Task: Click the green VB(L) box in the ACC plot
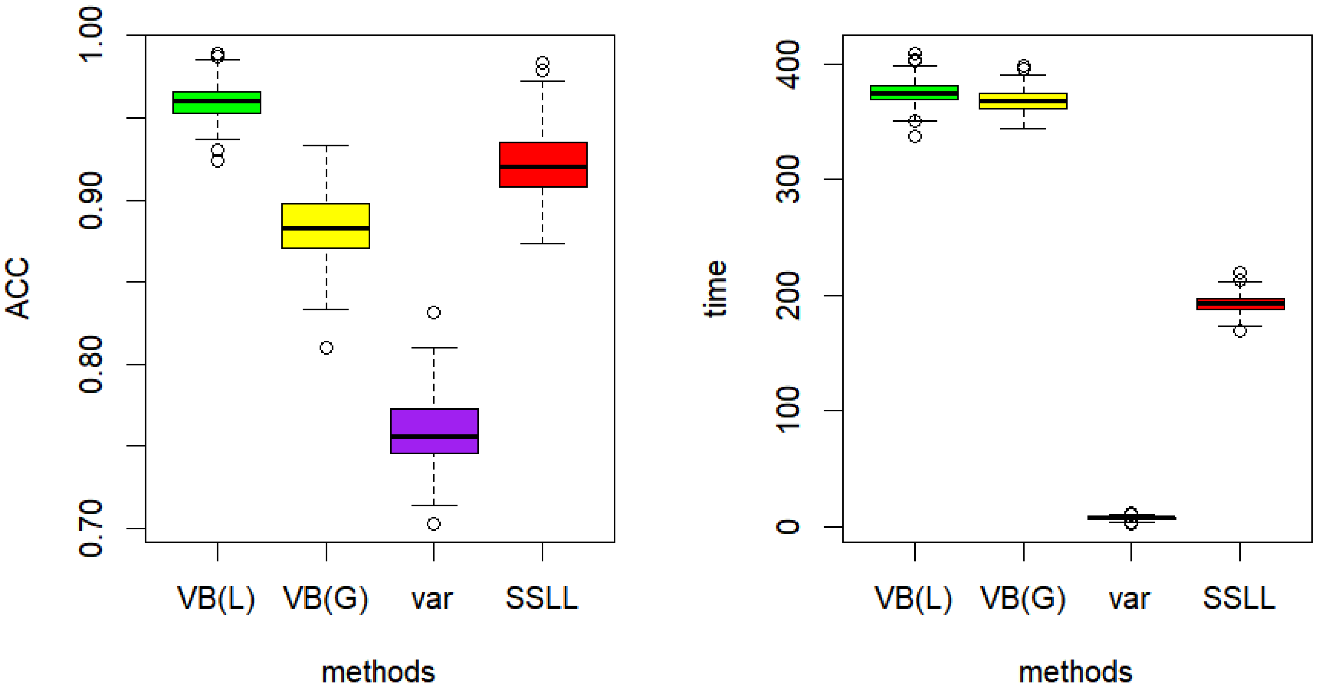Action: [x=217, y=102]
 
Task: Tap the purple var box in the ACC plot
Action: [x=434, y=431]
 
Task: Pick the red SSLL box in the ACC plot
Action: [x=543, y=164]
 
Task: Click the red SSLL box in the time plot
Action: [x=1240, y=304]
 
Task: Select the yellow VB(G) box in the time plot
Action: [x=1023, y=101]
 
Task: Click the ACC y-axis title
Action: [x=18, y=288]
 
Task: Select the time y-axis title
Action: [x=715, y=288]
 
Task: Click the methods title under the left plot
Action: [x=378, y=672]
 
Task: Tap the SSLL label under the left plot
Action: [x=542, y=598]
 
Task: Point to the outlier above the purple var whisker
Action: [x=434, y=312]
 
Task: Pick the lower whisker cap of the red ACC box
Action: [x=543, y=244]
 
